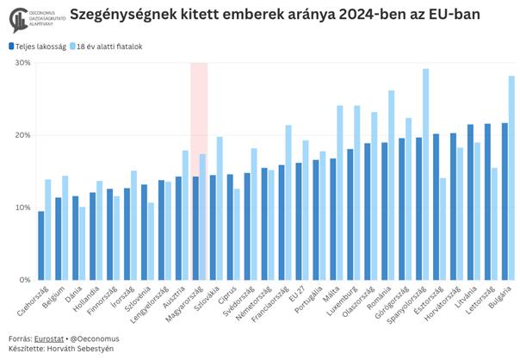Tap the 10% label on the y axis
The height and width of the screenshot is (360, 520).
23,208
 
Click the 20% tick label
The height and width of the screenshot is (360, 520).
23,135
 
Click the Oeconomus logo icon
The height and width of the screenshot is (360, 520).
15,16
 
